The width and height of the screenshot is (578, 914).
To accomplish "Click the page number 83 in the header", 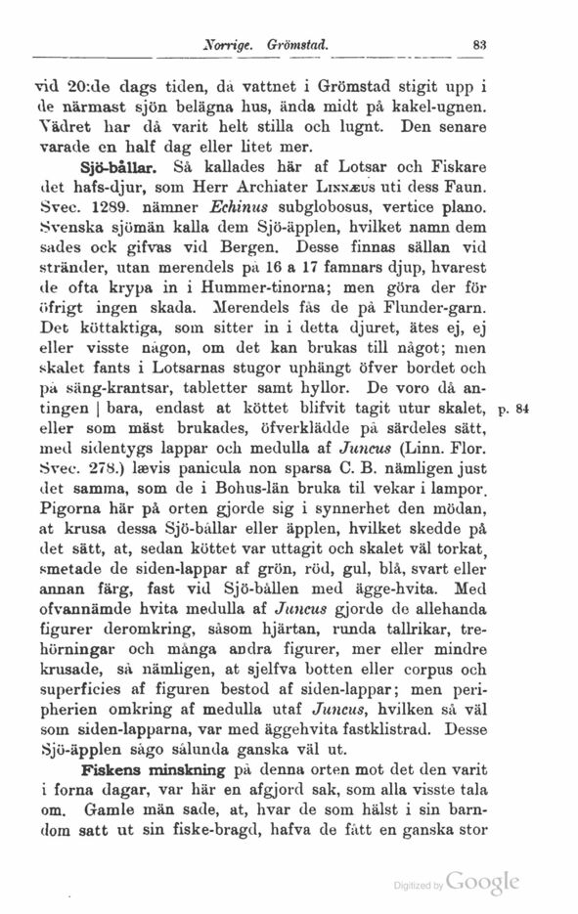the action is tap(479, 44).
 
